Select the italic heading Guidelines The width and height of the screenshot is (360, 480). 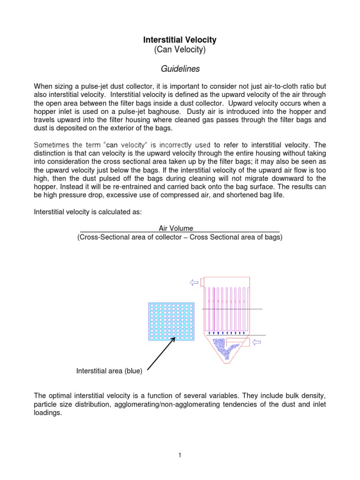[x=180, y=69]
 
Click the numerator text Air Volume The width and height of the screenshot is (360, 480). [x=176, y=228]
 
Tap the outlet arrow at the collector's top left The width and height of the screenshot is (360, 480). [x=194, y=282]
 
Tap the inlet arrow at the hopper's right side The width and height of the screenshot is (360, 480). [x=257, y=342]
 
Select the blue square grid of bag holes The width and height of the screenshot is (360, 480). [x=171, y=322]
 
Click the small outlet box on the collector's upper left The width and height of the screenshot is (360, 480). [x=202, y=282]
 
